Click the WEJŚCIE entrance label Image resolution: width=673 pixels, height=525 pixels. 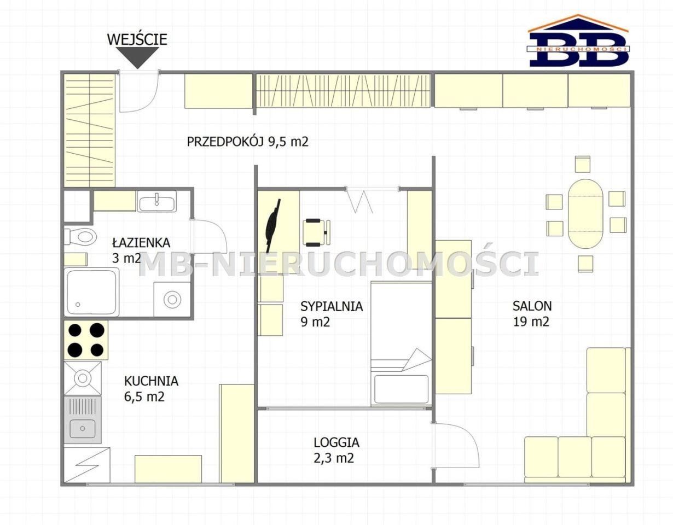[137, 39]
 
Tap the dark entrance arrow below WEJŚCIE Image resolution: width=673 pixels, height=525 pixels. [137, 57]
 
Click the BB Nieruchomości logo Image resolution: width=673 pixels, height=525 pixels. [578, 40]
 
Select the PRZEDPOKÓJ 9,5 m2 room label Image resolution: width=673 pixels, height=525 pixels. [247, 142]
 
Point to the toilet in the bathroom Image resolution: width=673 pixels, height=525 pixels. [80, 237]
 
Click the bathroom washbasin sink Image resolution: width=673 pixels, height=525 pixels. [156, 201]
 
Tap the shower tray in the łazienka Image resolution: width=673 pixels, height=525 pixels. [91, 292]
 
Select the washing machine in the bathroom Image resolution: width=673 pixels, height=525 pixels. [172, 299]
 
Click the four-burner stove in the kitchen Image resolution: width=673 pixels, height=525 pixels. [86, 340]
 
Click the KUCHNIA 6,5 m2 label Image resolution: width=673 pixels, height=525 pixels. [151, 389]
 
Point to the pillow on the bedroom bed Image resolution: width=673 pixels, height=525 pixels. [401, 389]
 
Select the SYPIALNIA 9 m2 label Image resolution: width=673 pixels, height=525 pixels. [332, 314]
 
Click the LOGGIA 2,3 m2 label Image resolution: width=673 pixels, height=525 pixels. [336, 450]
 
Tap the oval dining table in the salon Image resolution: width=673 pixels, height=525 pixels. [585, 214]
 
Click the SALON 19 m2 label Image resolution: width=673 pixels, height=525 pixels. [532, 313]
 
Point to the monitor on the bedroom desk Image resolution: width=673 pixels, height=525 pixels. [273, 225]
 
